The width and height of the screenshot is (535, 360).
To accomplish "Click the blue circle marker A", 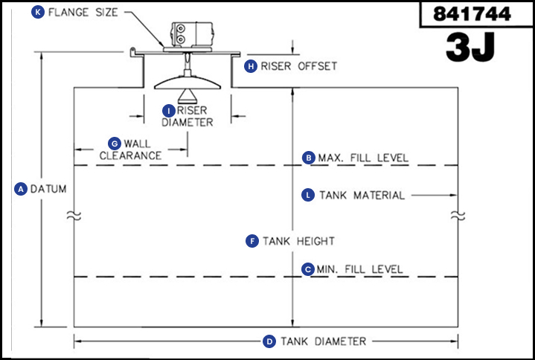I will [x=21, y=189].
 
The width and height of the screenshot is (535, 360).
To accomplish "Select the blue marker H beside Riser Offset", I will [x=252, y=65].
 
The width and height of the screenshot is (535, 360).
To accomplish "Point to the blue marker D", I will [x=270, y=341].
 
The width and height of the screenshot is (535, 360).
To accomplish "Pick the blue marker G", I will [x=114, y=142].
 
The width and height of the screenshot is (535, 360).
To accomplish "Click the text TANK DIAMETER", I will [x=323, y=341].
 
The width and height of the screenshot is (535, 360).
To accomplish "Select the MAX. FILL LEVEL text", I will [x=363, y=158].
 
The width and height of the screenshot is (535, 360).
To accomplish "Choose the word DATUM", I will [x=48, y=189].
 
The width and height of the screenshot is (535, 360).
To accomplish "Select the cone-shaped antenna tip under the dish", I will [x=187, y=94].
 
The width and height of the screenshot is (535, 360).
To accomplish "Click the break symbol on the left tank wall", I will [x=73, y=216].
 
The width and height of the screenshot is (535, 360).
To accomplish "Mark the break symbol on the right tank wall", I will [x=458, y=216].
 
